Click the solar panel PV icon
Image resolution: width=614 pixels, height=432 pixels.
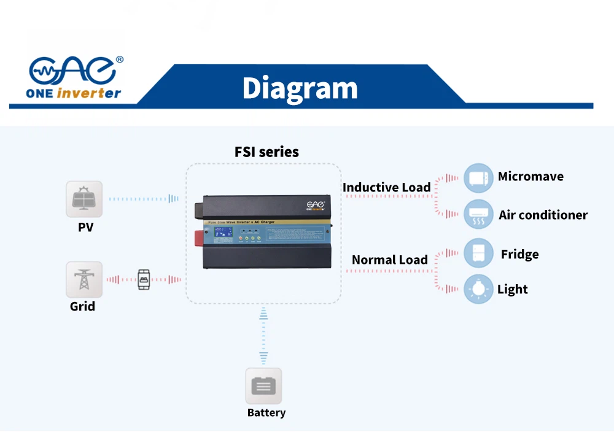84,199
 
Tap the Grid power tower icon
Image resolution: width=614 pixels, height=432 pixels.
84,279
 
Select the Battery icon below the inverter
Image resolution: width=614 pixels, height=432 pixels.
263,386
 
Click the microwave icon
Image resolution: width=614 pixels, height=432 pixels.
478,178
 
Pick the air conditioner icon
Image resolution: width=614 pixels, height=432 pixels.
478,214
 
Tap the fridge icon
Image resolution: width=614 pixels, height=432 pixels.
478,253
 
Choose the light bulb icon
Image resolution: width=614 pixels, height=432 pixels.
478,288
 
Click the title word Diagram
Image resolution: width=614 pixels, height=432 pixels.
300,88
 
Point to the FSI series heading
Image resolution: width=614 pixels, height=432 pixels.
266,152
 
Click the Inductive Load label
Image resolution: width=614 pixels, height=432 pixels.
386,187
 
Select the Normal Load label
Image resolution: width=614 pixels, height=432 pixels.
389,260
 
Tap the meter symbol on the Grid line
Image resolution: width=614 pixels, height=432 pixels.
143,279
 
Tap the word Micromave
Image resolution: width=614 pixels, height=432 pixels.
530,177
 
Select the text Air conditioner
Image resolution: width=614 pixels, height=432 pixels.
543,215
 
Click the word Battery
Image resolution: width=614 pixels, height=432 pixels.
266,412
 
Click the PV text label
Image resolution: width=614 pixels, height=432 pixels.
86,227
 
